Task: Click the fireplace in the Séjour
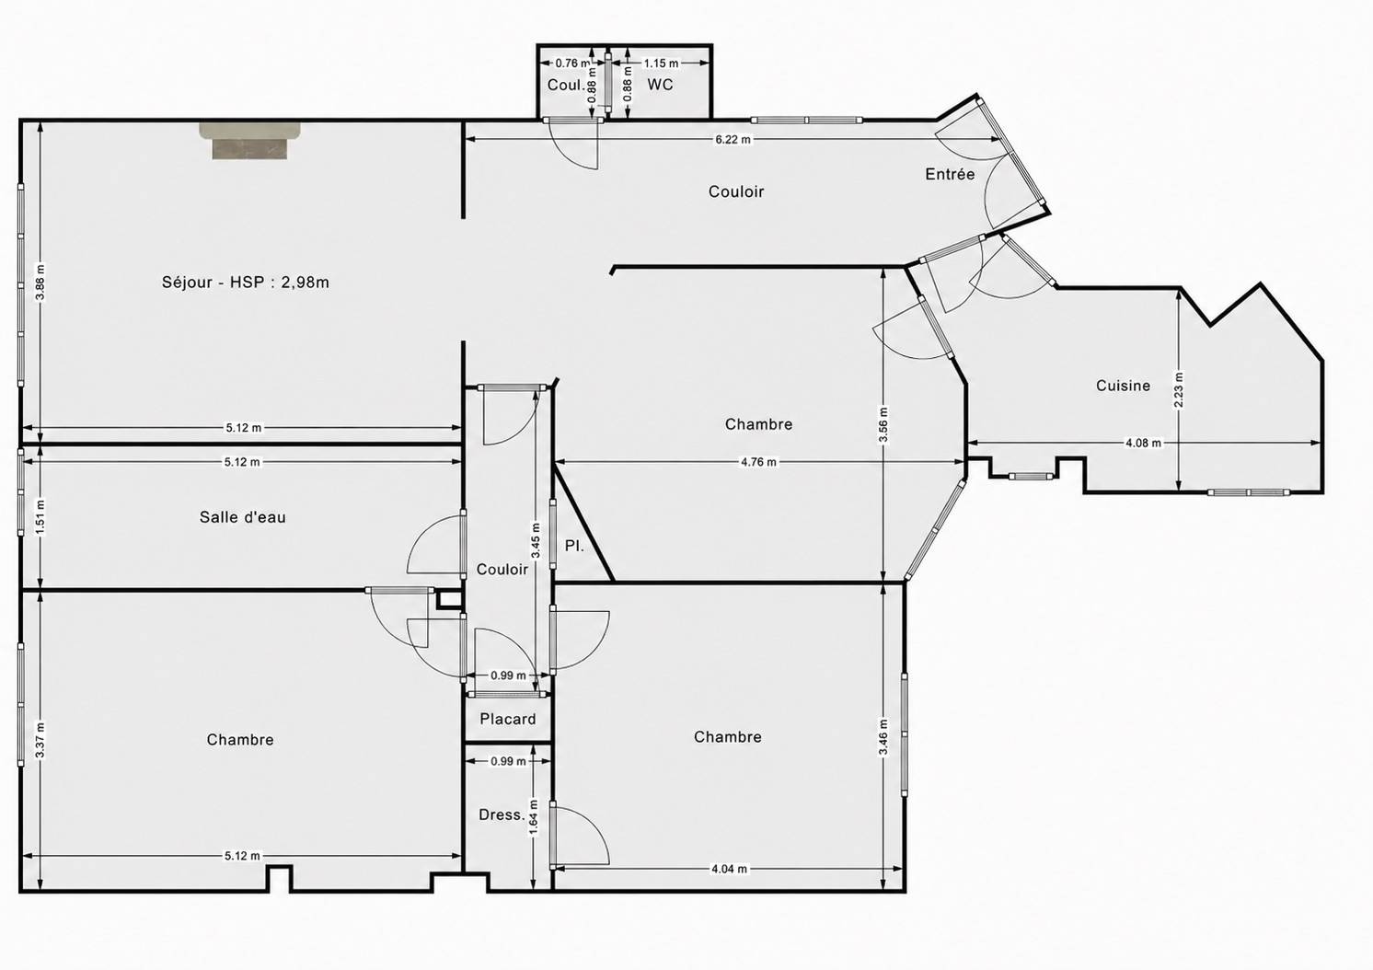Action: tap(249, 141)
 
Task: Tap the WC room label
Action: tap(660, 85)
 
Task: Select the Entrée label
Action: tap(950, 174)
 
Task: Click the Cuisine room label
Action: tap(1123, 386)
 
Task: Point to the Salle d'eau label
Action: tap(243, 517)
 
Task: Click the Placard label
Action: tap(508, 719)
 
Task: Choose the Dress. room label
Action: tap(502, 814)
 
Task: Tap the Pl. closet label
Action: tap(574, 546)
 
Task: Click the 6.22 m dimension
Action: tap(733, 139)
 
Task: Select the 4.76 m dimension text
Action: tap(759, 462)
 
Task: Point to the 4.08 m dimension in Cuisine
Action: tap(1144, 443)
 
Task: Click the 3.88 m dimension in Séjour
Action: tap(40, 282)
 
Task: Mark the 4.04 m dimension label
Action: tap(730, 869)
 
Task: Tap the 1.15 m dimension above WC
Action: tap(661, 63)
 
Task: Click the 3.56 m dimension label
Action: tap(883, 425)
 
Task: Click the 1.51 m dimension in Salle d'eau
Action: tap(40, 517)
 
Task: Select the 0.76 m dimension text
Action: tap(572, 63)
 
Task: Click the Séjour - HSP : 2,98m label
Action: tap(245, 282)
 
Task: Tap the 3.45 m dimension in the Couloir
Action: tap(536, 540)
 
